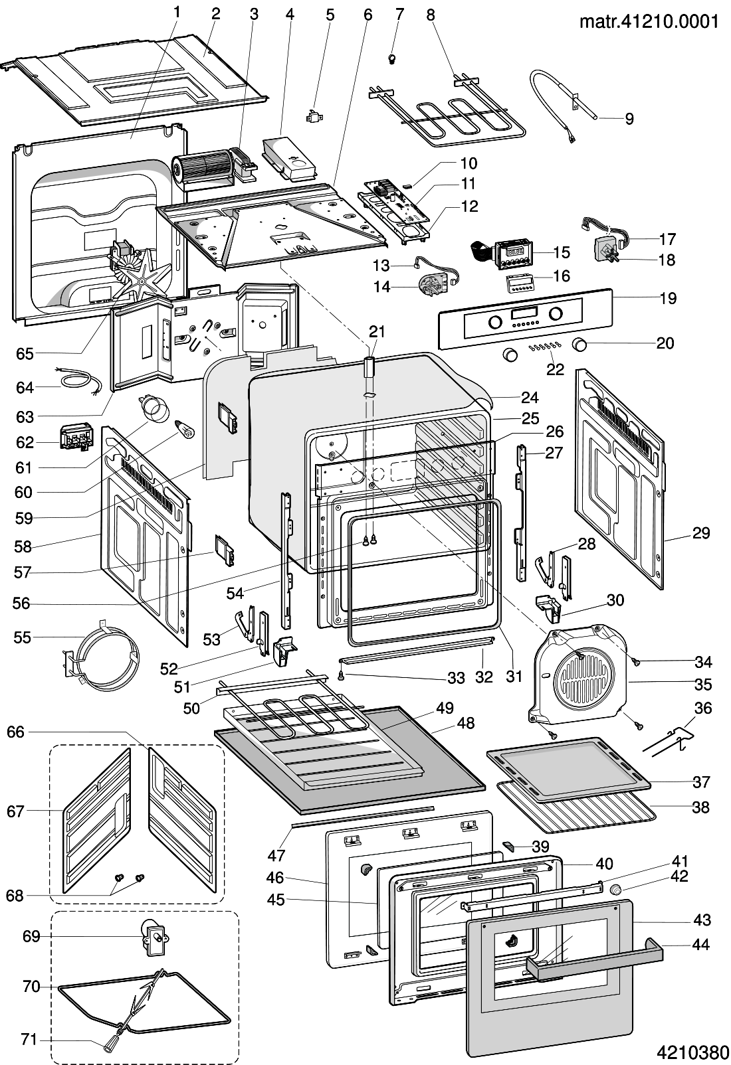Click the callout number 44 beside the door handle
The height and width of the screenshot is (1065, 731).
coord(701,944)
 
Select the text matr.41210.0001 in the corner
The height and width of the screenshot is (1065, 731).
coord(649,21)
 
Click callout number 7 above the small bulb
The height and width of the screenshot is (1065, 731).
coord(399,13)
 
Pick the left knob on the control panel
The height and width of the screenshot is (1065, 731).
coord(495,323)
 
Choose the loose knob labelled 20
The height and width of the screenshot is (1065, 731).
coord(580,344)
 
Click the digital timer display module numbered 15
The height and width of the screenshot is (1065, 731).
coord(514,252)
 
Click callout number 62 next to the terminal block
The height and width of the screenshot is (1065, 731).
coord(25,442)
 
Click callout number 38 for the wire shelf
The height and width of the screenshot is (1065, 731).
coord(701,807)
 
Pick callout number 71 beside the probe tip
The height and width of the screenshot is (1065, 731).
coord(29,1039)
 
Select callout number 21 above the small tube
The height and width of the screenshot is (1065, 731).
coord(377,331)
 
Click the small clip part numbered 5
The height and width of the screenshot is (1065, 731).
coord(313,118)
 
